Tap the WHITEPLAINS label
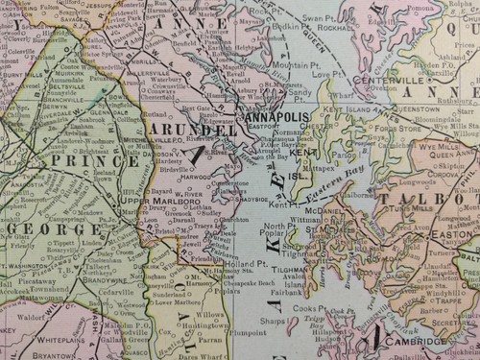(73, 340)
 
